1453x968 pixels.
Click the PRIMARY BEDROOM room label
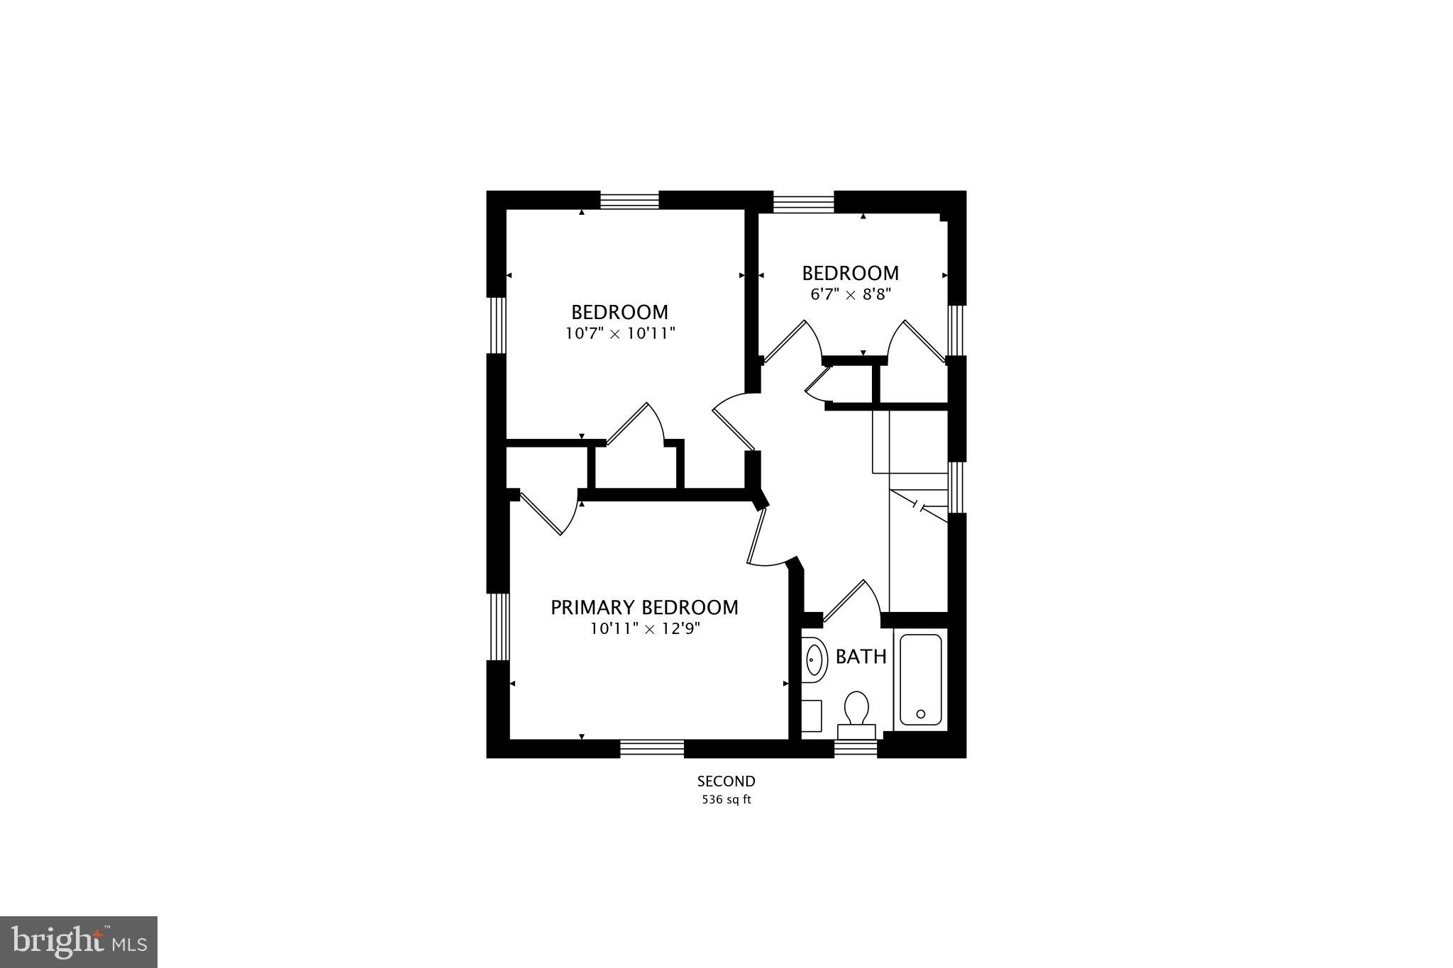tap(644, 608)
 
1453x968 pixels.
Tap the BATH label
tap(861, 657)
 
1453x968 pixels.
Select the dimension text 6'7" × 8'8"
tap(850, 294)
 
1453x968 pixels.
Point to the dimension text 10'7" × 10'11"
tap(620, 333)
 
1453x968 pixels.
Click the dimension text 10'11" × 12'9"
tap(644, 628)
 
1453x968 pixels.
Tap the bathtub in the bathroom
tap(920, 679)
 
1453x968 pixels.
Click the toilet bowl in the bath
tap(857, 707)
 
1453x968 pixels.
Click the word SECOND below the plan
tap(726, 781)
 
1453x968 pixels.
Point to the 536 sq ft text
tap(726, 800)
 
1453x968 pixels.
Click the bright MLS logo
tap(78, 942)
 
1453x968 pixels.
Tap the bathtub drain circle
tap(921, 713)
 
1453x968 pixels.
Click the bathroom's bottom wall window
tap(856, 749)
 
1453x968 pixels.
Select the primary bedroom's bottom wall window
tap(652, 749)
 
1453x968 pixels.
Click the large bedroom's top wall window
tap(630, 200)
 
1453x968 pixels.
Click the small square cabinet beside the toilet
tap(811, 716)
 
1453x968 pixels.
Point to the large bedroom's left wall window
tap(497, 325)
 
